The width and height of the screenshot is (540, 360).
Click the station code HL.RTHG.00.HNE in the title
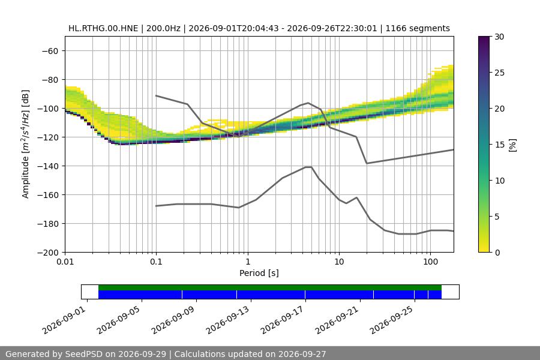tap(103, 28)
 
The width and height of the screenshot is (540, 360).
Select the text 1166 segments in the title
tap(418, 28)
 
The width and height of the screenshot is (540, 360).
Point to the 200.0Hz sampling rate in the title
tap(163, 28)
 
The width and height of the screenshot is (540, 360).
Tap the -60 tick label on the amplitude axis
tap(50, 51)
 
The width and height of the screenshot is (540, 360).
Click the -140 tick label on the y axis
tap(48, 166)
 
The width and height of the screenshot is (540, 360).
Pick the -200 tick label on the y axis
tap(48, 253)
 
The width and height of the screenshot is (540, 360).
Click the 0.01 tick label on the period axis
tap(65, 262)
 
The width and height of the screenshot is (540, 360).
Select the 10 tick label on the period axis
tap(339, 262)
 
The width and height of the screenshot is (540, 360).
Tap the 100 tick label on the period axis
tap(430, 262)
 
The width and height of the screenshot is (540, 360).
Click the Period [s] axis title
tap(259, 273)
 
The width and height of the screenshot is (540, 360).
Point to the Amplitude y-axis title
tap(26, 144)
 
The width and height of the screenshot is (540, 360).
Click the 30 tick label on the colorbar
tap(499, 37)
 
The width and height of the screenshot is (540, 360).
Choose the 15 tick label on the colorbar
tap(499, 145)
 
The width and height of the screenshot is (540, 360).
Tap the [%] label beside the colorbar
tap(513, 145)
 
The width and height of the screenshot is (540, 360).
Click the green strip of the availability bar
tap(270, 287)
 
